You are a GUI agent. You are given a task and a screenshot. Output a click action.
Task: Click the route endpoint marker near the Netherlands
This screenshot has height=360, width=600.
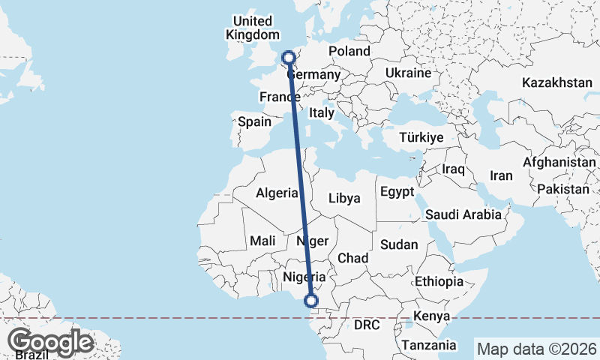(288, 57)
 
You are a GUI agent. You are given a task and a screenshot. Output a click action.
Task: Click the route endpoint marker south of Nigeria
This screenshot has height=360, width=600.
(310, 301)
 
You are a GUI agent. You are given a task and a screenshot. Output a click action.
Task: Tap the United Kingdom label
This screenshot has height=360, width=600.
(252, 28)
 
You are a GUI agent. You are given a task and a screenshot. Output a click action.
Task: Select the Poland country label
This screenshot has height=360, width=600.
(349, 51)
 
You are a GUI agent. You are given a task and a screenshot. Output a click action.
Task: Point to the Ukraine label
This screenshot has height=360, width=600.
(408, 73)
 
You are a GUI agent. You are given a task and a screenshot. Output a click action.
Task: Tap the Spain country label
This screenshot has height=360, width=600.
(254, 121)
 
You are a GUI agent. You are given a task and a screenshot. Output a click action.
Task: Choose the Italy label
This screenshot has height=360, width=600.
(322, 112)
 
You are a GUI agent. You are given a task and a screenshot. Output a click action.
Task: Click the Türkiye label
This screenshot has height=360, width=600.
(421, 137)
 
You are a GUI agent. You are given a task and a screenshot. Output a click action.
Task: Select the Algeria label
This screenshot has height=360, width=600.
(277, 193)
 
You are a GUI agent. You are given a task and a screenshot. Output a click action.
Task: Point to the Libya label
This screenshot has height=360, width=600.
(345, 199)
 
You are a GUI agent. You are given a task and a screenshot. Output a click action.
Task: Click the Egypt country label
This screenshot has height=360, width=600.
(397, 191)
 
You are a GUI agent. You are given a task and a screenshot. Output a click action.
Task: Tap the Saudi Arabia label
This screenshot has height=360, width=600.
(463, 214)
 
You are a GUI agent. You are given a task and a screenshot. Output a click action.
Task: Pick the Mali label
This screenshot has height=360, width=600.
(262, 241)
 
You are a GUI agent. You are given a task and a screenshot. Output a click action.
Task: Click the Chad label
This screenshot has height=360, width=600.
(352, 258)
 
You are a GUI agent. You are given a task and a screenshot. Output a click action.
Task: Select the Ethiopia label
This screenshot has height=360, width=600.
(439, 282)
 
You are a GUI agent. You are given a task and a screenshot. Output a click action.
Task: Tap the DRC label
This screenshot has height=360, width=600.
(367, 325)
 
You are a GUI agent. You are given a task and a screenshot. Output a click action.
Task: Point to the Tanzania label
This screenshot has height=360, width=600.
(429, 345)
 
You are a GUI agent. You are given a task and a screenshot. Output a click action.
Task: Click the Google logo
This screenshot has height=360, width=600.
(50, 342)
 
